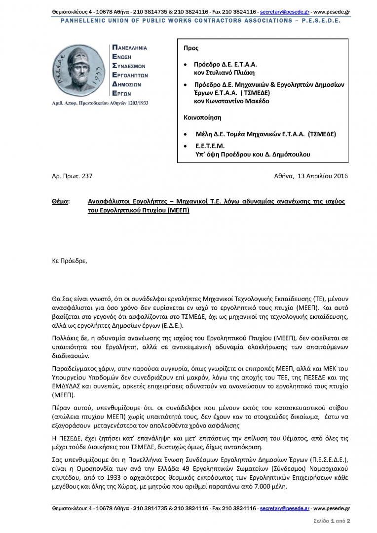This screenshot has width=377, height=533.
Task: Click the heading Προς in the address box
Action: point(191,48)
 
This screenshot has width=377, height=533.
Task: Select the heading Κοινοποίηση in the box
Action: point(202,118)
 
